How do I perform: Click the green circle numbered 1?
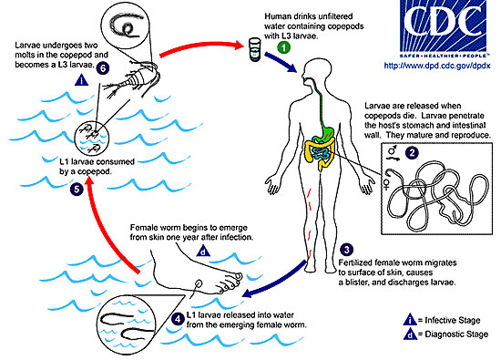[x=283, y=47]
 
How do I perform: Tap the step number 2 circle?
[x=412, y=152]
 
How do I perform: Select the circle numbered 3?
[x=346, y=250]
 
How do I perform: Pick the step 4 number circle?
[x=178, y=318]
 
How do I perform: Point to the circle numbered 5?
[x=77, y=190]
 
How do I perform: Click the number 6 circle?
[x=103, y=68]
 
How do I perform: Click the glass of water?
[x=255, y=49]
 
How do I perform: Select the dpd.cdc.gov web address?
[x=436, y=66]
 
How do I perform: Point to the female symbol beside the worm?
[x=386, y=184]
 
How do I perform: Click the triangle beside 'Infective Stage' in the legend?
[x=410, y=320]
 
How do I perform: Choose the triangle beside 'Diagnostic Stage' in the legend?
[x=410, y=334]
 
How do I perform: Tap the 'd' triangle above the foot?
[x=203, y=252]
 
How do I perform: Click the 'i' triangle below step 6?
[x=81, y=80]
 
